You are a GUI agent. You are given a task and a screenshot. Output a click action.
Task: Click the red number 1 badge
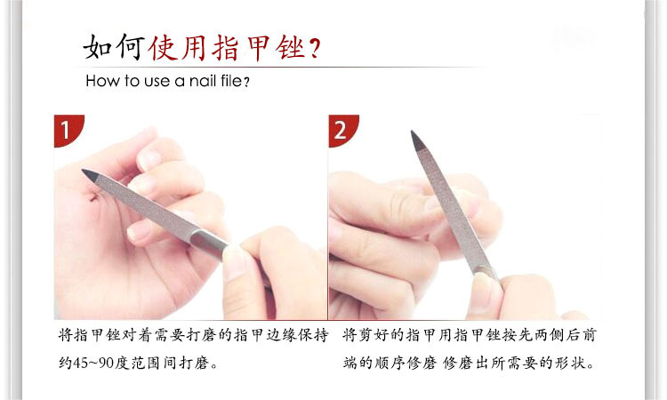click(68, 129)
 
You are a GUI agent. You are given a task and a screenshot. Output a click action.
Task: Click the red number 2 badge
click(342, 129)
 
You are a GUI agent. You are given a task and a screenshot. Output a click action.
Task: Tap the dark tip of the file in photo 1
click(90, 175)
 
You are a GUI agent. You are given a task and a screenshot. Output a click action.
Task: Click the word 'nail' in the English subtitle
click(204, 80)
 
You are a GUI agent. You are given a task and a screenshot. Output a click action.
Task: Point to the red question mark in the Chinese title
click(315, 48)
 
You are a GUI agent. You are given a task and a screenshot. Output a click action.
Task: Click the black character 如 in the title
click(98, 47)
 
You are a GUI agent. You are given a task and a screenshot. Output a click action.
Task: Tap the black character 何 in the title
click(130, 47)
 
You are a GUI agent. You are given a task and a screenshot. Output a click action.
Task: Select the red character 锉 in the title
click(290, 48)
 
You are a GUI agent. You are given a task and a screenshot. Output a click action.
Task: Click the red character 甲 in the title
click(258, 48)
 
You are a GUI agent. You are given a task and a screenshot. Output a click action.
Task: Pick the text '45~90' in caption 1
click(93, 363)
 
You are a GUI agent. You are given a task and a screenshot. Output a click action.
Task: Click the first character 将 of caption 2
click(350, 335)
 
